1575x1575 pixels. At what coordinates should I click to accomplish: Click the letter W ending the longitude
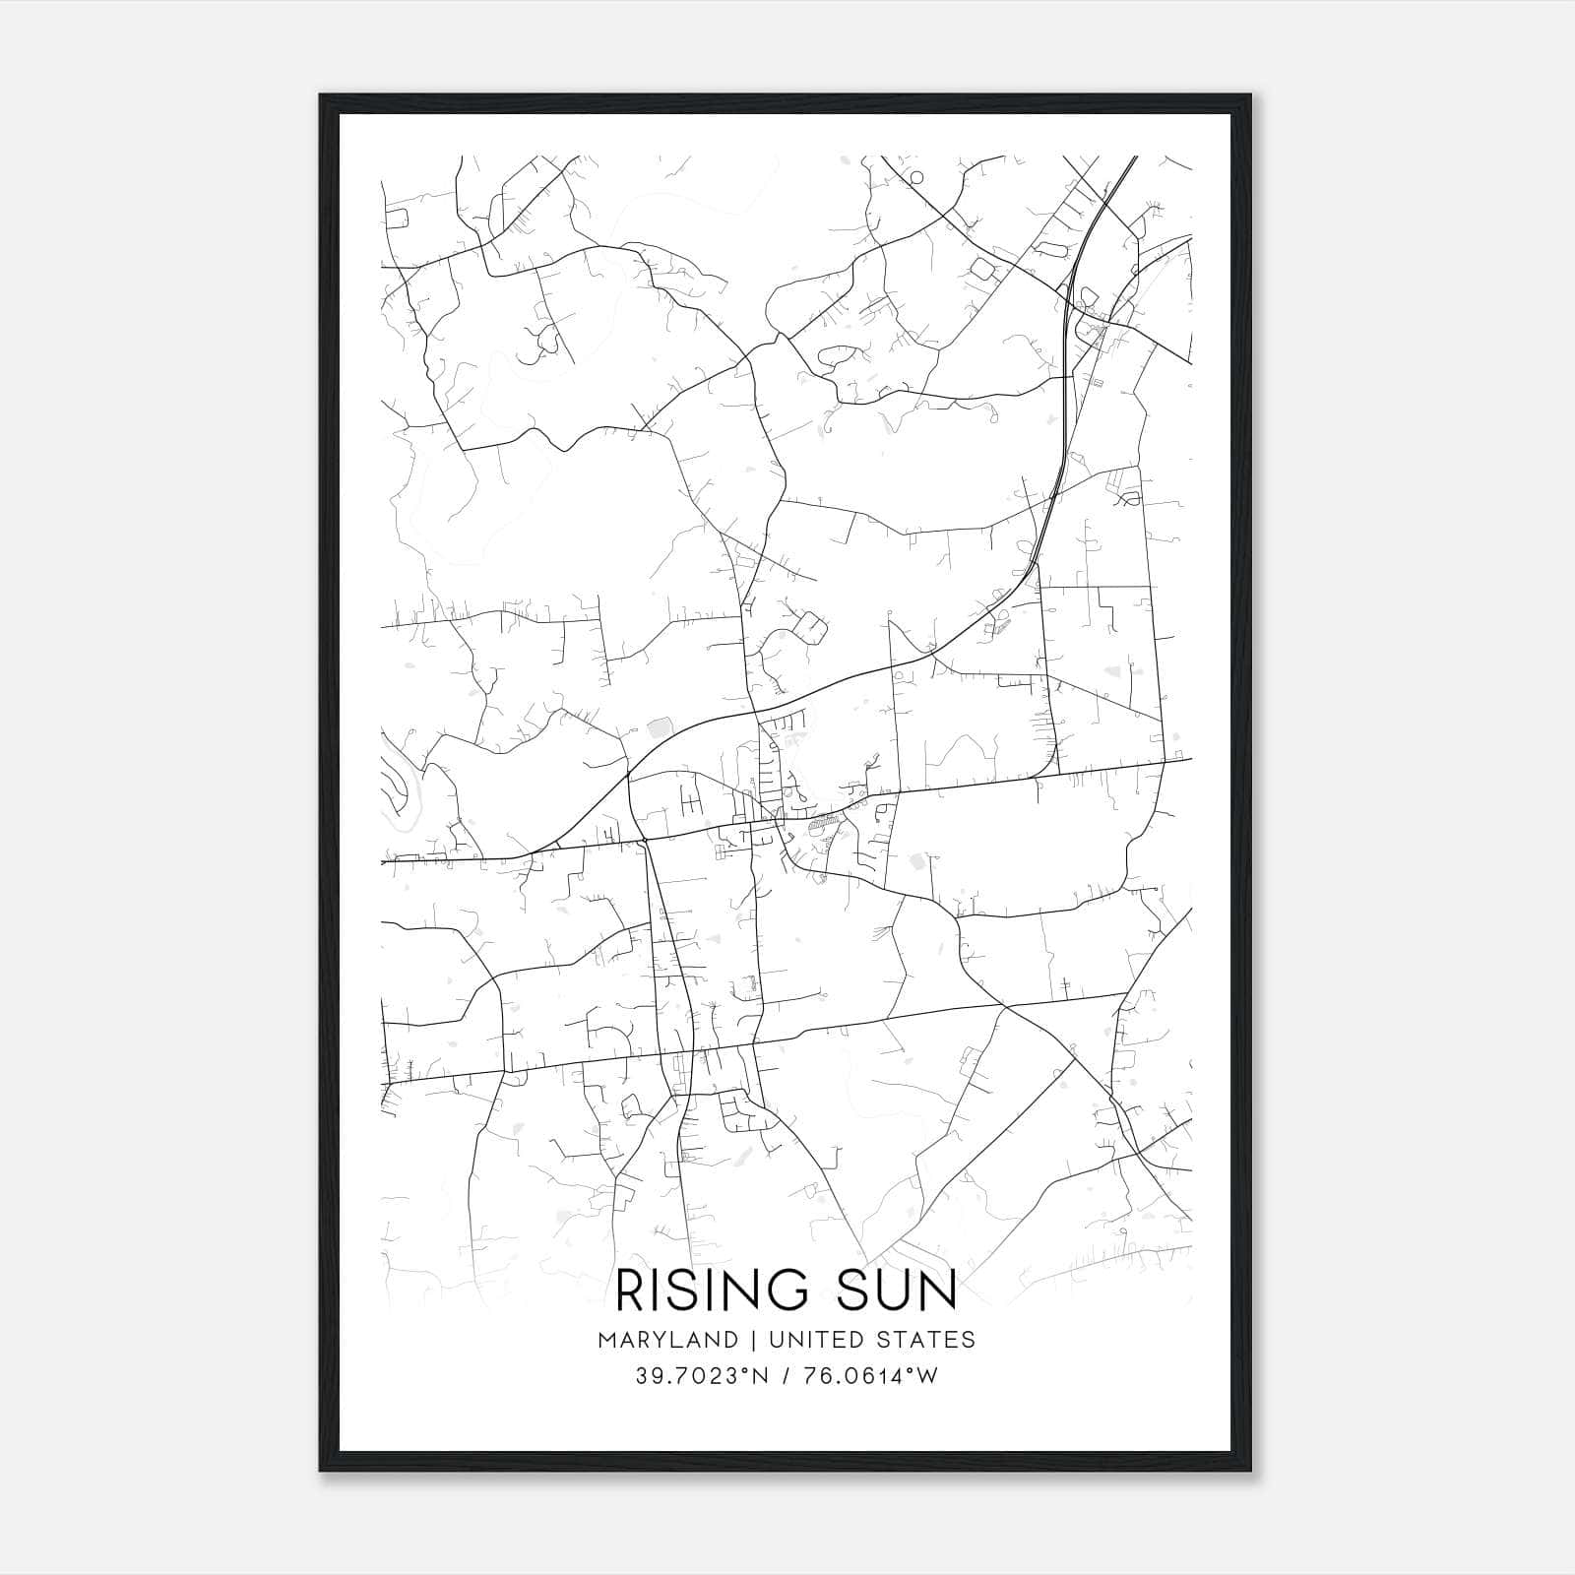tap(928, 1376)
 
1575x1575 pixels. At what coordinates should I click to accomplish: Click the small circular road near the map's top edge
tap(916, 177)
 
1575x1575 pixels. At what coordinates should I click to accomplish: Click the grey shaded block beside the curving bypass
tap(658, 728)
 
